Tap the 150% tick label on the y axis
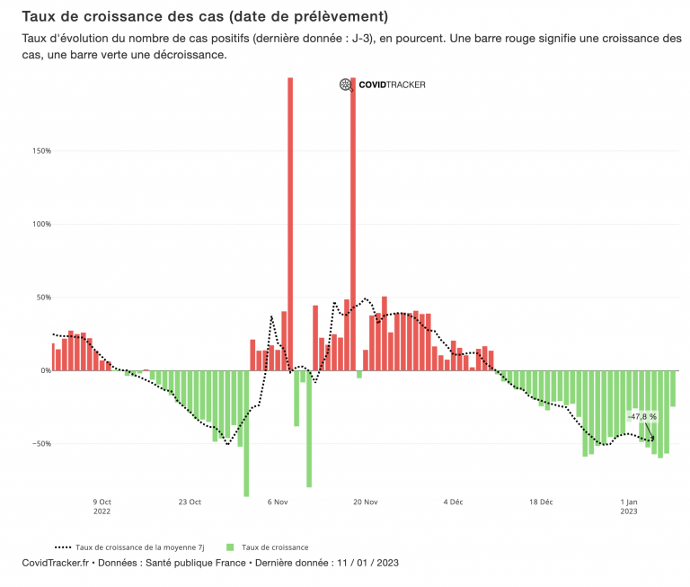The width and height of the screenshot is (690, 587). click(x=41, y=151)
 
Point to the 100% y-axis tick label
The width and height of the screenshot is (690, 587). click(x=41, y=224)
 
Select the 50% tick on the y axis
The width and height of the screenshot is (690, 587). click(x=43, y=298)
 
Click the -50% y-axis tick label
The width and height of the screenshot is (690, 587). click(x=41, y=444)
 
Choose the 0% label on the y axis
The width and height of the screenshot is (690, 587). click(x=45, y=370)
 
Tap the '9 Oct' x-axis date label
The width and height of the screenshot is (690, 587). click(x=102, y=502)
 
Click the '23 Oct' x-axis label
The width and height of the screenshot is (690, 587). click(x=189, y=502)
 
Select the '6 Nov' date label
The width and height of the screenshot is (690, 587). click(x=277, y=502)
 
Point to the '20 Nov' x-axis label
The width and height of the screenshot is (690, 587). click(x=365, y=502)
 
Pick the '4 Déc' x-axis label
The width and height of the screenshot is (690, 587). click(x=452, y=502)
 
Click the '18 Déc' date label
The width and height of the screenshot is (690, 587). click(x=540, y=502)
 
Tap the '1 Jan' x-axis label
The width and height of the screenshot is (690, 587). click(x=629, y=502)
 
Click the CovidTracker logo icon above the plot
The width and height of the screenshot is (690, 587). click(x=346, y=84)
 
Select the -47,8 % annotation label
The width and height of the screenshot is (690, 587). click(x=642, y=417)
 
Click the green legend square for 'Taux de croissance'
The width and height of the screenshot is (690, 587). click(x=230, y=547)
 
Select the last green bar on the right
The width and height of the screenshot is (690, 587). click(x=672, y=388)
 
